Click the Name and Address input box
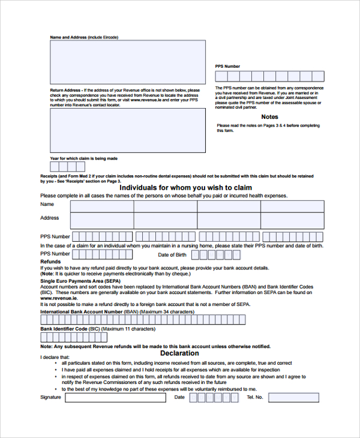[127, 62]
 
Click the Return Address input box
[127, 131]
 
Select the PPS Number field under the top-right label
[270, 76]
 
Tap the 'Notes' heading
[270, 117]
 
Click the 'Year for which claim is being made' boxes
[63, 167]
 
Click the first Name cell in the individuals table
[101, 206]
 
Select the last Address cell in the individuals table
[292, 220]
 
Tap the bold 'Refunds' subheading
[50, 262]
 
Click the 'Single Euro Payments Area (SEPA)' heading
[80, 281]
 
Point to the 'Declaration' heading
[179, 353]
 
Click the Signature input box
[116, 397]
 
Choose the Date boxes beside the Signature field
[216, 397]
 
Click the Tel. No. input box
[293, 397]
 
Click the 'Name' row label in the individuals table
[47, 205]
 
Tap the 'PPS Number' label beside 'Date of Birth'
[55, 254]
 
